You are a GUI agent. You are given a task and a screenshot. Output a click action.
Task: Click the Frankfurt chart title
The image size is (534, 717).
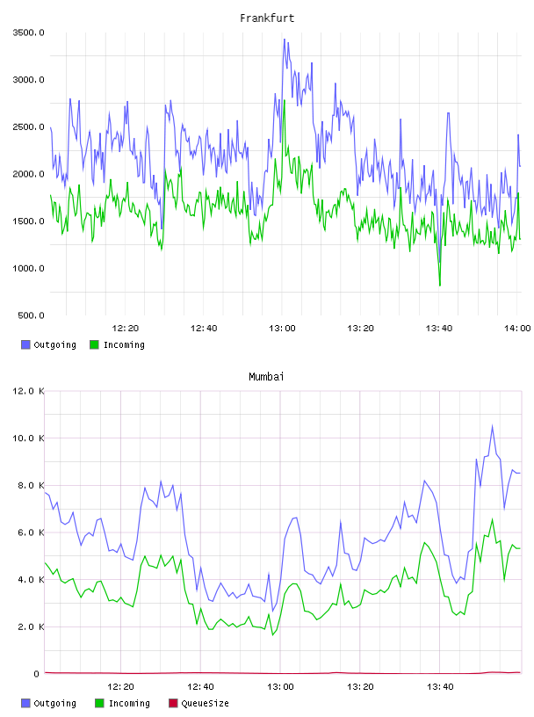click(267, 18)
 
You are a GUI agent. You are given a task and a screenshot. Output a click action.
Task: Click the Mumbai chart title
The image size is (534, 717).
click(266, 377)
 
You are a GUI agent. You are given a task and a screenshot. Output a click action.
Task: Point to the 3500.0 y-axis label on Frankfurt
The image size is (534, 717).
click(28, 33)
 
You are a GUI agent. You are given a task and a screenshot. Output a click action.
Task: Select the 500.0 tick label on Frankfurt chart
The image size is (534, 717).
click(31, 315)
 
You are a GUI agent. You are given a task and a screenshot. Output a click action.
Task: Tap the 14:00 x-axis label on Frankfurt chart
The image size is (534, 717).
click(517, 329)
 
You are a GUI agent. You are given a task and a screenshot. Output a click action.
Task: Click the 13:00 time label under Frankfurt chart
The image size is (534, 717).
click(282, 329)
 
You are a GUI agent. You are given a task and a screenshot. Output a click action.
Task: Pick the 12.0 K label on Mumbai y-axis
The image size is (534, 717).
click(28, 391)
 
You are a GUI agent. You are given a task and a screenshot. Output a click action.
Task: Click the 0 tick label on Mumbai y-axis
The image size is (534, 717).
click(37, 674)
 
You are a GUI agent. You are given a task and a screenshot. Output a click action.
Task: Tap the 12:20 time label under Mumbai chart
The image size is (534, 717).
click(120, 687)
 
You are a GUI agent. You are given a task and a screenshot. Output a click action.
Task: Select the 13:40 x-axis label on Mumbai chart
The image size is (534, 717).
click(440, 687)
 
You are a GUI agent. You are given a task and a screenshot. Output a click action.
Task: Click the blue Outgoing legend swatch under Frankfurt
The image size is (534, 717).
click(25, 344)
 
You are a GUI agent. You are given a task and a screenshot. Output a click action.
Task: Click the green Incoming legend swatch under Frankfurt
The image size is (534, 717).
click(94, 344)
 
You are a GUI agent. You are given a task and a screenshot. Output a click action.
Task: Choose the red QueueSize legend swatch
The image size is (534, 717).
click(173, 703)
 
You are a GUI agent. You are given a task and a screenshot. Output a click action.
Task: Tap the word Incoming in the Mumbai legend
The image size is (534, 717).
click(129, 703)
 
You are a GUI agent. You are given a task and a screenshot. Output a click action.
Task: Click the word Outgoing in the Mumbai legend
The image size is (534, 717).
click(54, 703)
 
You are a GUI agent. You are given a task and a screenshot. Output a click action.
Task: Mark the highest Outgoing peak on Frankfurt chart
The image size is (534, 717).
click(285, 40)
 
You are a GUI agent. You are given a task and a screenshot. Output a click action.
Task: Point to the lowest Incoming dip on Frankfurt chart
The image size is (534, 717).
click(440, 286)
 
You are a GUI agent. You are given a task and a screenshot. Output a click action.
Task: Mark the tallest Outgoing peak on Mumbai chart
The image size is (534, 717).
click(493, 425)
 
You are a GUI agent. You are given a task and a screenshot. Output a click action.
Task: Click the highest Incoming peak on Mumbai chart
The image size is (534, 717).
click(493, 519)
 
